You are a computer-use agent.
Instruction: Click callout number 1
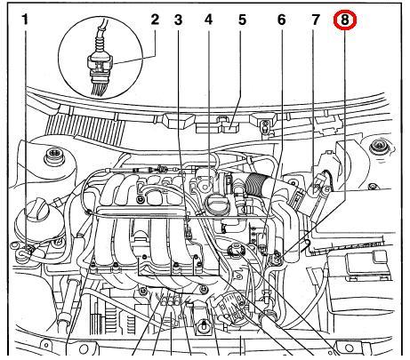[26, 20]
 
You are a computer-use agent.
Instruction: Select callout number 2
[155, 20]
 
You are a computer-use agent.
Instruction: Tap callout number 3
[178, 20]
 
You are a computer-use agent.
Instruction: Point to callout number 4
[209, 20]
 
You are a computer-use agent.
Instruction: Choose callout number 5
[242, 20]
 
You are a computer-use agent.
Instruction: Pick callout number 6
[281, 20]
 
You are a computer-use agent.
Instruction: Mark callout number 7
[316, 20]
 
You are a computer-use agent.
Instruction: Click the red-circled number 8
[344, 20]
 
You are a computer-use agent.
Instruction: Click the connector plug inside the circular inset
[100, 64]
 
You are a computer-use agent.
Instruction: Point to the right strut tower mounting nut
[378, 147]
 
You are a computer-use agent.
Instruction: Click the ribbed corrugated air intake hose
[256, 184]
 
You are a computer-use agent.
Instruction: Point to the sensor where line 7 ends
[318, 185]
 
